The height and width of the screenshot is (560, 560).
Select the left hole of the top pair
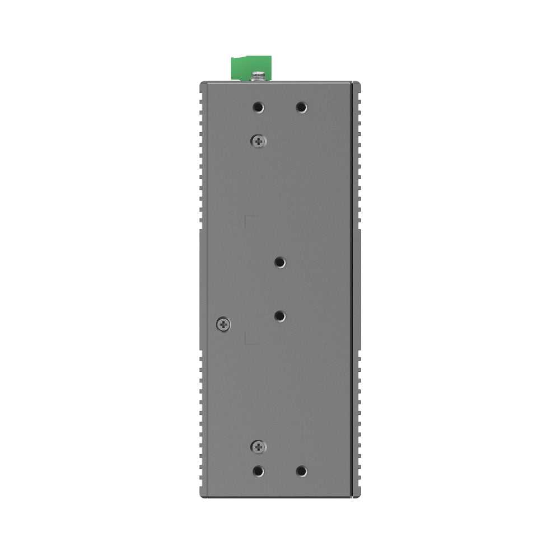point(258,107)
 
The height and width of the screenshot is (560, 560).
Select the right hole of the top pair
point(301,107)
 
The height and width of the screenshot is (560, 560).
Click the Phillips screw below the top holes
point(258,142)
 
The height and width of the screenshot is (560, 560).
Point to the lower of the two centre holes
point(280,316)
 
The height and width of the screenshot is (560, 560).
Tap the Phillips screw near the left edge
point(223,323)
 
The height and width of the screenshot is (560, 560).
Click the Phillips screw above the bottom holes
point(258,446)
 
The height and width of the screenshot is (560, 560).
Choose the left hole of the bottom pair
point(258,471)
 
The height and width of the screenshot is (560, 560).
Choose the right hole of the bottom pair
point(301,471)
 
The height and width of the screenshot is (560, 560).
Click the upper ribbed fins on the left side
point(202,157)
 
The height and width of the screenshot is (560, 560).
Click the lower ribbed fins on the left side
point(202,420)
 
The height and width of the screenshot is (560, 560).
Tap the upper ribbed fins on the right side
point(357,157)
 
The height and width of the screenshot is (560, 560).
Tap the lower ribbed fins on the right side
point(357,420)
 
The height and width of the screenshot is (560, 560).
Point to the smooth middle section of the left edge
point(203,288)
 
